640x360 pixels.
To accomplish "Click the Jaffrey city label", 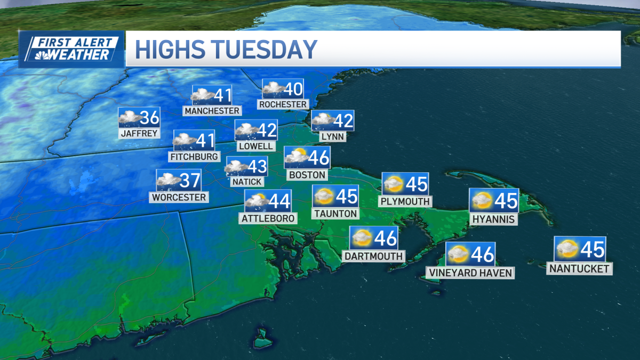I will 139,133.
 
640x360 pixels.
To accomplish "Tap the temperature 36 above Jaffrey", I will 149,117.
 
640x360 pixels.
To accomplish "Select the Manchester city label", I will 212,110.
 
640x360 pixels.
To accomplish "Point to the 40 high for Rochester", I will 293,89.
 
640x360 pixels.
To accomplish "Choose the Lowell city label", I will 257,146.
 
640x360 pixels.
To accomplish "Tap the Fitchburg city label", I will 194,157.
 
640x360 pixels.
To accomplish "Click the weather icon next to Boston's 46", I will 296,157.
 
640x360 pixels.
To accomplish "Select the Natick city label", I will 247,181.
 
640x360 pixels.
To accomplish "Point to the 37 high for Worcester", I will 190,180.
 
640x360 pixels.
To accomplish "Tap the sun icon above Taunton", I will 323,196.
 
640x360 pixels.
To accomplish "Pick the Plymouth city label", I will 405,201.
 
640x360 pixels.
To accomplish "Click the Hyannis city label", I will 493,219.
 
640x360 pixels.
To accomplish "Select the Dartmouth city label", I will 373,256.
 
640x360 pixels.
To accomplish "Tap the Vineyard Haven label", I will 470,273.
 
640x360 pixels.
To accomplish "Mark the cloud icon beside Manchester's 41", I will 203,95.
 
